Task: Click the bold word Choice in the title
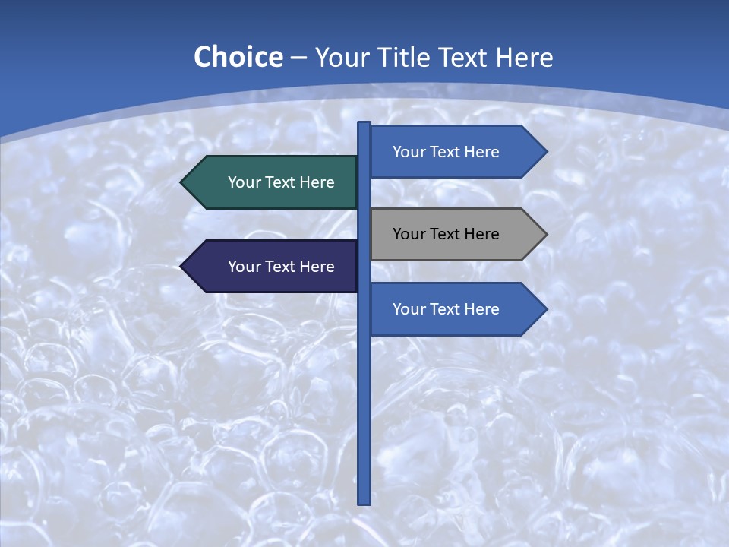pos(238,57)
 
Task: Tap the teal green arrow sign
pos(270,182)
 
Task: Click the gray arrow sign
pos(456,234)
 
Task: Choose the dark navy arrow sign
pos(270,267)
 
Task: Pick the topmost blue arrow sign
pos(456,152)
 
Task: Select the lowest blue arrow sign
pos(456,309)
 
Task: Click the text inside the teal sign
pos(281,182)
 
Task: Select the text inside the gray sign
pos(446,234)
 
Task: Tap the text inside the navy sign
pos(281,267)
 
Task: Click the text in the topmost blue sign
pos(446,152)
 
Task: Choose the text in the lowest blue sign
pos(446,309)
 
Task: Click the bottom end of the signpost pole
pos(364,501)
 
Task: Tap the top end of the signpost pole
pos(364,125)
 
